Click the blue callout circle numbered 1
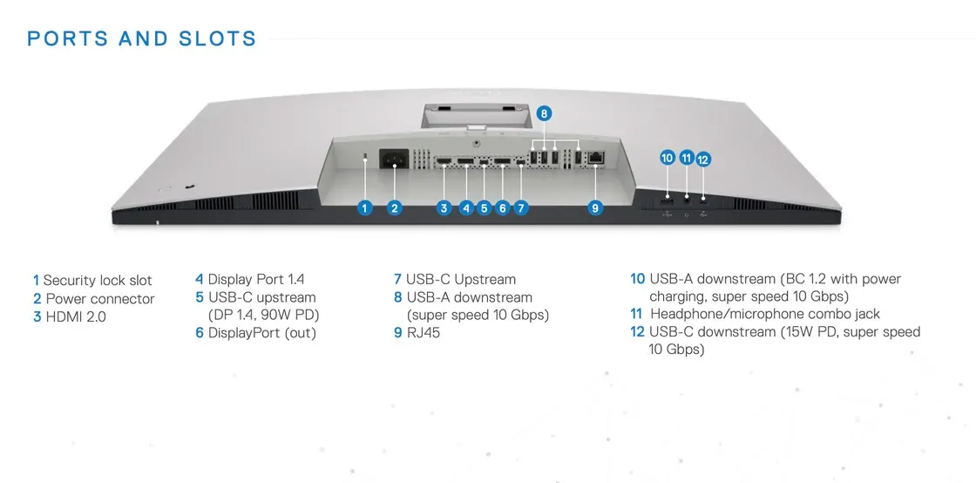[x=365, y=207]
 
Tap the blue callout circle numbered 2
[x=395, y=207]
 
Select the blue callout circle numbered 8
[x=544, y=113]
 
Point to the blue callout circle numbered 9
[x=595, y=207]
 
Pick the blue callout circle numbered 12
[x=703, y=160]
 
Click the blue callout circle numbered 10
[x=668, y=158]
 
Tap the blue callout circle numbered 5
[x=485, y=207]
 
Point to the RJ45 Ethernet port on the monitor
[x=597, y=158]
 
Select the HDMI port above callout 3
[x=444, y=161]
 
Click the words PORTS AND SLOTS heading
[x=142, y=39]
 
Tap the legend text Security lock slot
[x=98, y=281]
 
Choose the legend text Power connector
[x=100, y=299]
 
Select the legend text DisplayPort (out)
[x=261, y=332]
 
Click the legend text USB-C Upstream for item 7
[x=460, y=280]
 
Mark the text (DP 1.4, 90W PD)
[x=264, y=315]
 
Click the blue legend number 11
[x=636, y=314]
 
